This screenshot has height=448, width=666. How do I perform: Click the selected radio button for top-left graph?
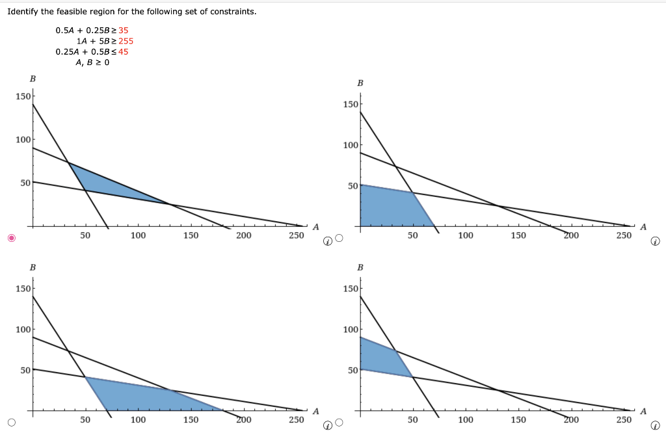[11, 238]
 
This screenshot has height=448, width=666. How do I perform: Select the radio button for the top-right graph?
[338, 238]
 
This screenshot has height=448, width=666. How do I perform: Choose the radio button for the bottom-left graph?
[11, 423]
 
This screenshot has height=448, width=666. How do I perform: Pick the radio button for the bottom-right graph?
[338, 423]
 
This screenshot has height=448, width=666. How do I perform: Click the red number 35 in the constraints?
[124, 30]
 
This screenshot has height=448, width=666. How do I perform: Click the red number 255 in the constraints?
[126, 41]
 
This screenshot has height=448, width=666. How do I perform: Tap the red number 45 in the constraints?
[124, 52]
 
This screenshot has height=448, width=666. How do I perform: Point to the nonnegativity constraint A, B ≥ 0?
[92, 63]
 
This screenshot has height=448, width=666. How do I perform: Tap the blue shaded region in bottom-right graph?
[380, 358]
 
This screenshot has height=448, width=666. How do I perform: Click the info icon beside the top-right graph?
[656, 241]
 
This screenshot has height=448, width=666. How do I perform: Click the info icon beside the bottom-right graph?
[656, 426]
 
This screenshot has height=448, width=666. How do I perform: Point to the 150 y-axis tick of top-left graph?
[23, 96]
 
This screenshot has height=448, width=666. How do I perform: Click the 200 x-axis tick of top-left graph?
[243, 235]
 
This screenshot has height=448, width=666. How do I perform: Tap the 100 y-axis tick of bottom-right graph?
[350, 329]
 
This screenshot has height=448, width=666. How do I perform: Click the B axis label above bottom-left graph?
[33, 267]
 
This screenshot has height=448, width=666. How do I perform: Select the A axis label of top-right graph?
[643, 227]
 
